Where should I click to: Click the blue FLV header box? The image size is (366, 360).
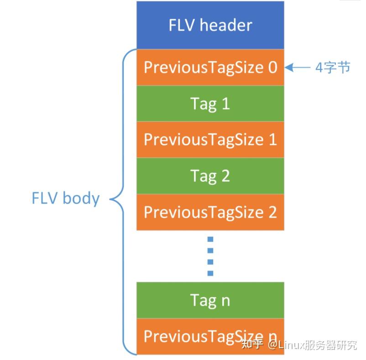(x=210, y=25)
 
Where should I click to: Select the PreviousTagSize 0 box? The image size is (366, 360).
(x=210, y=67)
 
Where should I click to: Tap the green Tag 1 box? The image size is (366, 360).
(x=210, y=104)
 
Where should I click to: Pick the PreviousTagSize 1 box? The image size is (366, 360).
(x=210, y=140)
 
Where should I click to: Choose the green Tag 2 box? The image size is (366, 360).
(x=210, y=176)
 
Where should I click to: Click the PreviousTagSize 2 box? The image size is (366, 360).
(x=210, y=212)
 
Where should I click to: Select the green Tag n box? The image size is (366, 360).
(x=210, y=300)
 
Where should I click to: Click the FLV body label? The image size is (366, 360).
(x=65, y=198)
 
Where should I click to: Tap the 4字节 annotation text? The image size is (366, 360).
(x=333, y=68)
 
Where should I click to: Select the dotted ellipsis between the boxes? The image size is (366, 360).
(x=210, y=256)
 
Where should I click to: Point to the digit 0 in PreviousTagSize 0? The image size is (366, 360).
(x=272, y=67)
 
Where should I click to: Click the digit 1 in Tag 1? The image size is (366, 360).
(x=225, y=104)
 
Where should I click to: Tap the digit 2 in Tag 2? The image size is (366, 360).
(x=225, y=176)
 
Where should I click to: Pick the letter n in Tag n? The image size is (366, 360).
(x=225, y=301)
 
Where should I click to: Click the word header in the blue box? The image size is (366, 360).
(x=227, y=25)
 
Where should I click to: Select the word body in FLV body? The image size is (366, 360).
(x=81, y=198)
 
